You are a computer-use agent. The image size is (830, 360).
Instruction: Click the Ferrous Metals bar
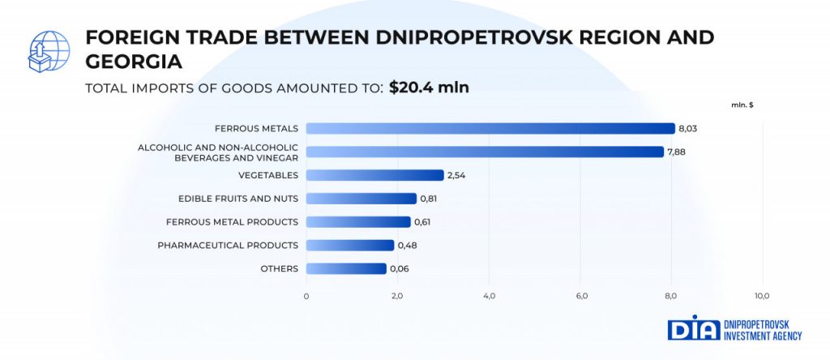[490, 128]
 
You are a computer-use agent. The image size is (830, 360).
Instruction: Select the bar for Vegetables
[374, 175]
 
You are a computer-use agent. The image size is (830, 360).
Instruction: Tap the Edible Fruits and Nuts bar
[361, 199]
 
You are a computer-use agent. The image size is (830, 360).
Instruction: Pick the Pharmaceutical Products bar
[349, 245]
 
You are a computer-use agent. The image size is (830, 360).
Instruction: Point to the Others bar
[346, 268]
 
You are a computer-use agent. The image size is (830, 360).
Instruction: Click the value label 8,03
[688, 128]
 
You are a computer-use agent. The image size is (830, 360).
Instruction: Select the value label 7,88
[677, 152]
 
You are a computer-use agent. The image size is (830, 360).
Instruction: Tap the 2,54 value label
[456, 175]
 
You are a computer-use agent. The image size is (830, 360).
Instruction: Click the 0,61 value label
[422, 222]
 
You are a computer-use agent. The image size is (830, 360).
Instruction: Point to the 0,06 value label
[399, 268]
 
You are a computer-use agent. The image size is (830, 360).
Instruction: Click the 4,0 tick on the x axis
[489, 296]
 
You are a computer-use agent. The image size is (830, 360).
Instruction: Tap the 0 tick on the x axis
[306, 296]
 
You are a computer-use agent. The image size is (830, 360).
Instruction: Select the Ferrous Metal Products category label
[232, 222]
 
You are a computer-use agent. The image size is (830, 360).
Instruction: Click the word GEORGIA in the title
[134, 61]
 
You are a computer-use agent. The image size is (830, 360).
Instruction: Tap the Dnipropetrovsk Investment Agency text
[762, 328]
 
